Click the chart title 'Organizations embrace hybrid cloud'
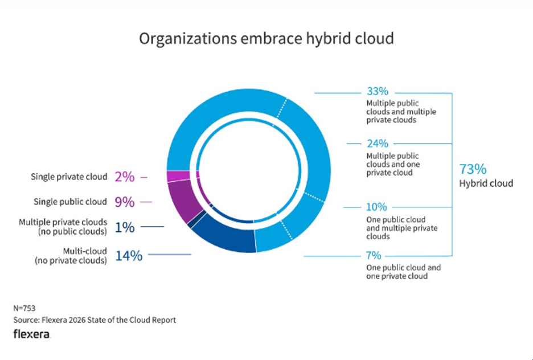(x=266, y=39)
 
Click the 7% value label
(x=374, y=255)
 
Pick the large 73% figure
(x=473, y=169)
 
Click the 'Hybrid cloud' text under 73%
(x=486, y=183)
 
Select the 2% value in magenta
(x=125, y=177)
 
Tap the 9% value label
(x=125, y=202)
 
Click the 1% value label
(x=125, y=227)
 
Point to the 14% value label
(x=129, y=256)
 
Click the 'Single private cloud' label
(x=69, y=177)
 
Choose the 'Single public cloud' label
(x=69, y=202)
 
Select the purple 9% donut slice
(x=183, y=199)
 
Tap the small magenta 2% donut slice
(x=177, y=176)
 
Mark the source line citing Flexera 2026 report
(x=95, y=320)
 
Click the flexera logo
(x=31, y=334)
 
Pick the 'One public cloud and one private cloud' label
(x=403, y=272)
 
